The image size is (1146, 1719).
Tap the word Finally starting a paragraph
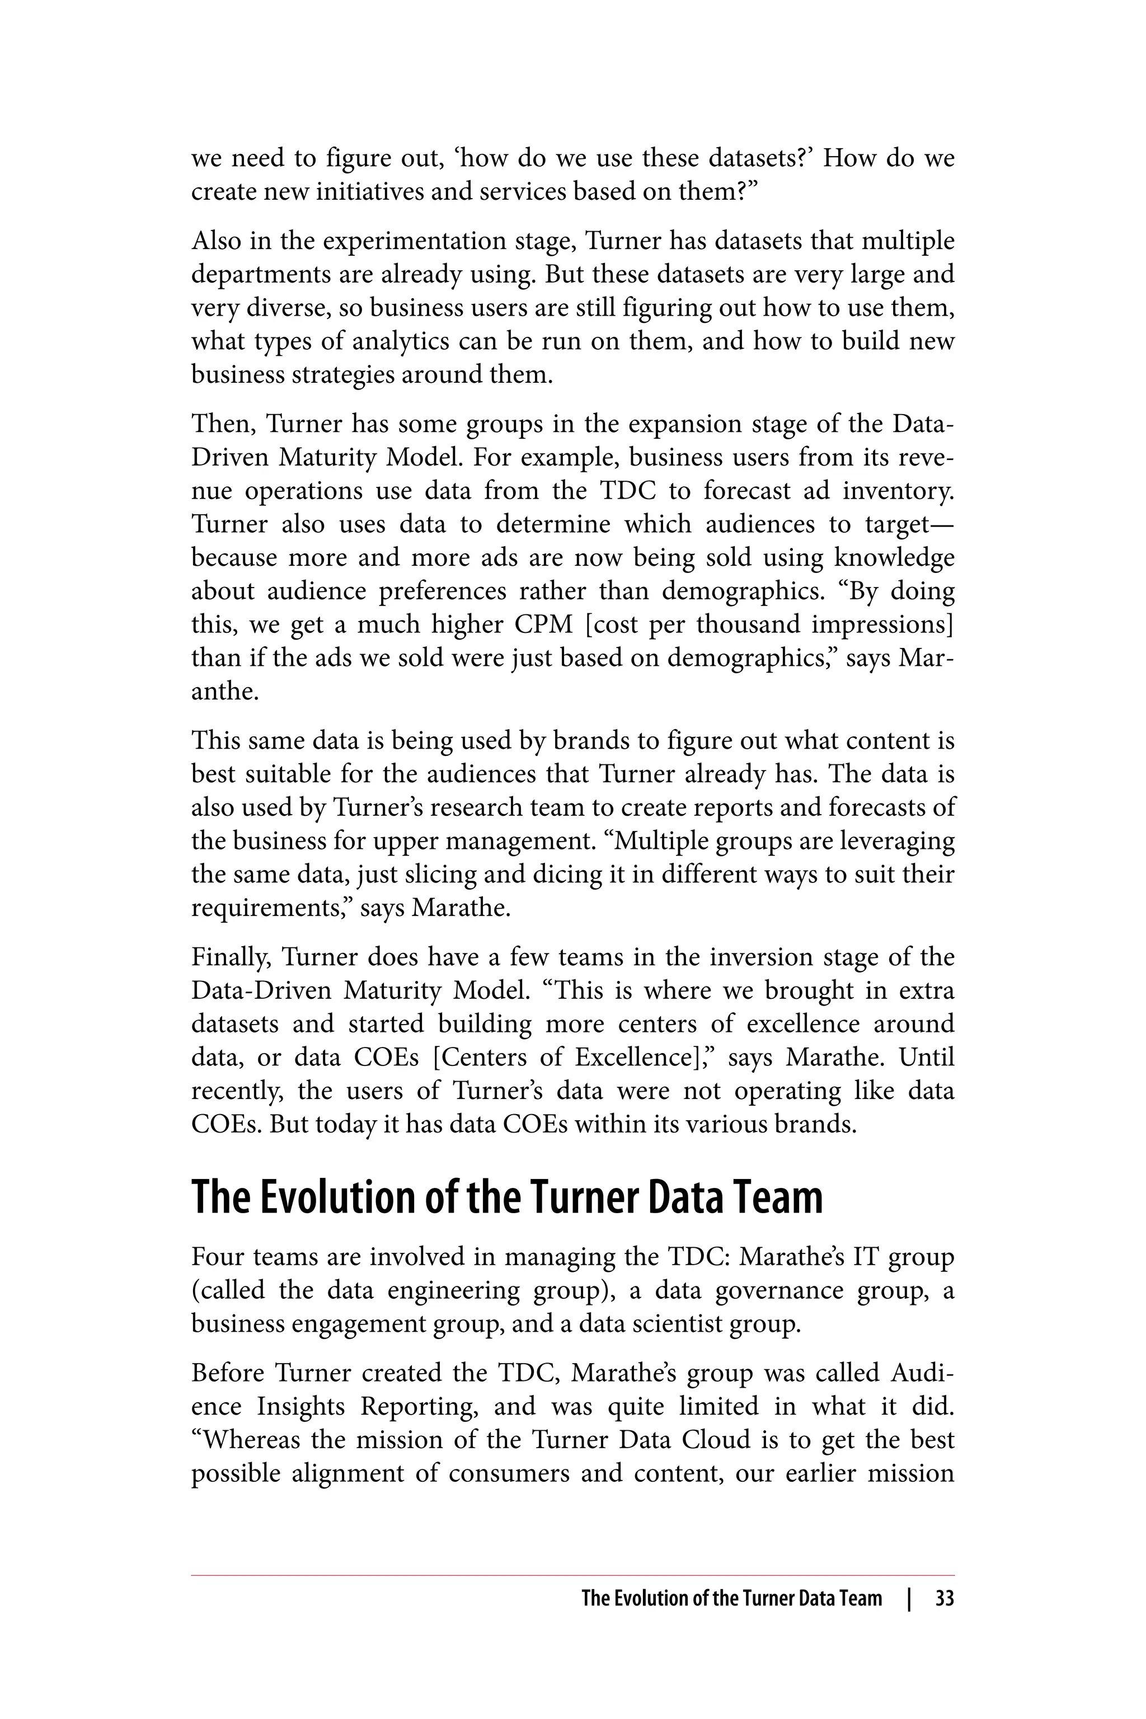(230, 957)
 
